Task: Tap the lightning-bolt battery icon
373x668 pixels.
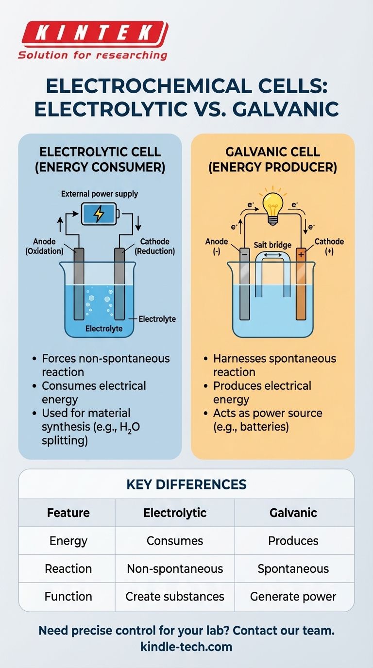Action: pyautogui.click(x=99, y=214)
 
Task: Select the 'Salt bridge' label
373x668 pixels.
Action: pyautogui.click(x=272, y=245)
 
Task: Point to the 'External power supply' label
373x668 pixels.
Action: pyautogui.click(x=100, y=194)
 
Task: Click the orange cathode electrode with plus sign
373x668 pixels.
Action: pyautogui.click(x=301, y=284)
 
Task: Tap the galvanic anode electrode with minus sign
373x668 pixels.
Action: pyautogui.click(x=244, y=284)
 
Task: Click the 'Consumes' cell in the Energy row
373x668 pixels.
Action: pyautogui.click(x=175, y=541)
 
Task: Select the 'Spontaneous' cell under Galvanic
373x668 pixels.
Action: pyautogui.click(x=293, y=568)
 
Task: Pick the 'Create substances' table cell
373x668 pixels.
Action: pyautogui.click(x=175, y=596)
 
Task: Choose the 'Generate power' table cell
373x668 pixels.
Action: pyautogui.click(x=293, y=596)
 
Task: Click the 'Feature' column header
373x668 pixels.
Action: pyautogui.click(x=68, y=513)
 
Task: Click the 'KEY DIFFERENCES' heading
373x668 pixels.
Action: pyautogui.click(x=186, y=484)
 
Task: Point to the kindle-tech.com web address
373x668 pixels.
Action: pyautogui.click(x=186, y=647)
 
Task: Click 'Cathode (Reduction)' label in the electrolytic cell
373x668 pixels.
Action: pyautogui.click(x=154, y=246)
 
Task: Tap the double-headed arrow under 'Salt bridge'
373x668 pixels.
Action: pyautogui.click(x=272, y=253)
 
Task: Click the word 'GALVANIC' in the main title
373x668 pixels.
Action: pyautogui.click(x=286, y=109)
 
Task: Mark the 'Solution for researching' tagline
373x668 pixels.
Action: pyautogui.click(x=92, y=55)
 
